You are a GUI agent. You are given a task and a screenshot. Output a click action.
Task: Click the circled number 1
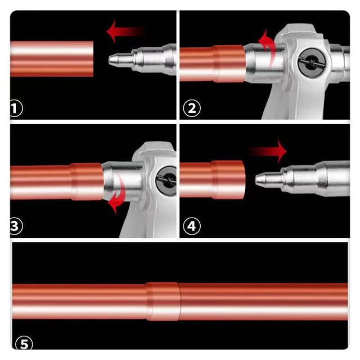[x=16, y=108]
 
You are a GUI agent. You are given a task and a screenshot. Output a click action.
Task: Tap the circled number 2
[x=192, y=108]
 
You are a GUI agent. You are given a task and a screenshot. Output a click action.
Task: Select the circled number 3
[x=16, y=226]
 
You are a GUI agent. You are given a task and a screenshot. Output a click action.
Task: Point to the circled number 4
[x=192, y=226]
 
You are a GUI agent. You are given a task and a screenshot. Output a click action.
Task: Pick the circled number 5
[x=24, y=344]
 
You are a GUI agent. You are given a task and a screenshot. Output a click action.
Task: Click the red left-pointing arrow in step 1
[x=125, y=31]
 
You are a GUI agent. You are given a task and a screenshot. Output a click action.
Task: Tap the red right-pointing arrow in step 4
[x=268, y=151]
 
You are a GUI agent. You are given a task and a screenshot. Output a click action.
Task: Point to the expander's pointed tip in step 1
[x=110, y=60]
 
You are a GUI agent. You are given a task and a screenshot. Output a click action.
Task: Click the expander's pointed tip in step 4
[x=256, y=179]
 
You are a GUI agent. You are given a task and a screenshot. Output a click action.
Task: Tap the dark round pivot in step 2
[x=312, y=62]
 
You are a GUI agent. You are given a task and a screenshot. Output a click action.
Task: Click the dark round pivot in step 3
[x=166, y=181]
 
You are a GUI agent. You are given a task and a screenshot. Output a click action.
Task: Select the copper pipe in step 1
[x=52, y=58]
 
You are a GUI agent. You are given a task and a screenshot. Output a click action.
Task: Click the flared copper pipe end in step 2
[x=229, y=64]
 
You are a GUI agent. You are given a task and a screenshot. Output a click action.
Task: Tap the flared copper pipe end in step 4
[x=227, y=180]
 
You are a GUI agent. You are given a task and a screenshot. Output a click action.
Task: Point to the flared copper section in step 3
[x=87, y=181]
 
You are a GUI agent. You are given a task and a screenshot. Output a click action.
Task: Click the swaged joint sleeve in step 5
[x=163, y=301]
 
